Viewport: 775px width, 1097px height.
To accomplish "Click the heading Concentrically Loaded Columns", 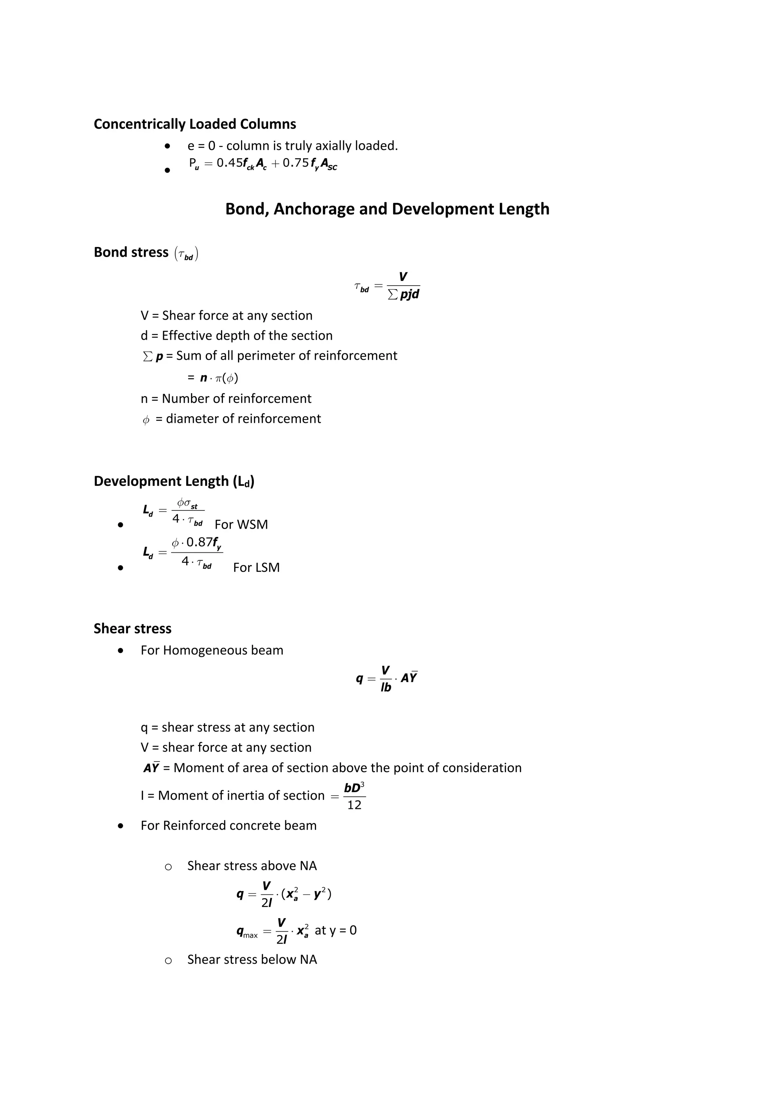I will (195, 124).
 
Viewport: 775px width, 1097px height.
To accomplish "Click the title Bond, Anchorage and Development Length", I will (387, 209).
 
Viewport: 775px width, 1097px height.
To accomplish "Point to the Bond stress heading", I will (131, 252).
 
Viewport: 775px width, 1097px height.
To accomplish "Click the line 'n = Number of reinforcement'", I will (226, 398).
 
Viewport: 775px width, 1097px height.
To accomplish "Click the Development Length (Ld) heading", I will (174, 481).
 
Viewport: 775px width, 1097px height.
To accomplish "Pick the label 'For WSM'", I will (241, 524).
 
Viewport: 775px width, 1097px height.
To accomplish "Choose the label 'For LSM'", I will (257, 568).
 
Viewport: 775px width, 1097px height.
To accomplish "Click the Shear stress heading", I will (132, 629).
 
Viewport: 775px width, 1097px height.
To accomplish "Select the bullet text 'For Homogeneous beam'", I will (212, 650).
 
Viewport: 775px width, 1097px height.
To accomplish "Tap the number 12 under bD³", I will (354, 805).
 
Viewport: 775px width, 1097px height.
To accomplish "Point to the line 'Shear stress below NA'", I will (252, 960).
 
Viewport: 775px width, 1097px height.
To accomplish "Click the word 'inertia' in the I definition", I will (248, 796).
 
